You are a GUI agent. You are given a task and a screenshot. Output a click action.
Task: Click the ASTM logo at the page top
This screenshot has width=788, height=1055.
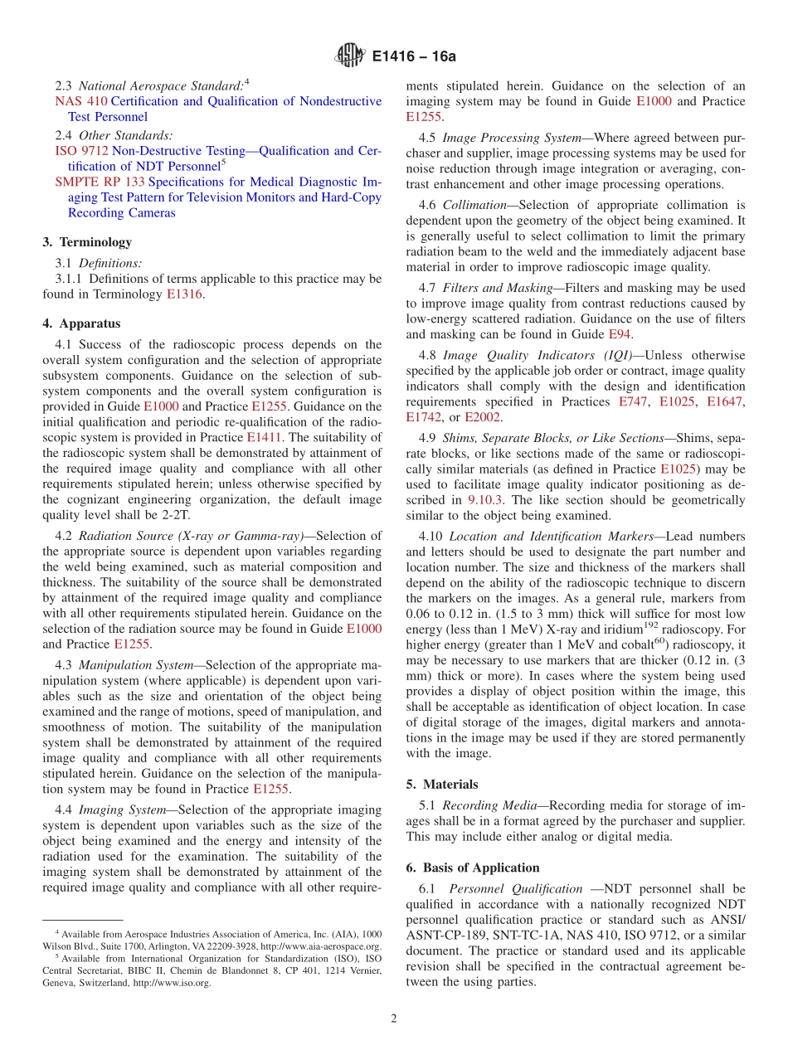tap(349, 56)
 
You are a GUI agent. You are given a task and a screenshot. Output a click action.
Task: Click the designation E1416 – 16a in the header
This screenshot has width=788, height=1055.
tap(414, 57)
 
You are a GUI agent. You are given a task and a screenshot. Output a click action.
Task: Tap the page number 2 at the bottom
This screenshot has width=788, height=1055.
tap(394, 1019)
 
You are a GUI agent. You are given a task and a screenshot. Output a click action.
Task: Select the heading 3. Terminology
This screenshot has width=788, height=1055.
tap(87, 242)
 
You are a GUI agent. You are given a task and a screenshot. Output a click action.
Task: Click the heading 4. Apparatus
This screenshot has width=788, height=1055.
tap(81, 323)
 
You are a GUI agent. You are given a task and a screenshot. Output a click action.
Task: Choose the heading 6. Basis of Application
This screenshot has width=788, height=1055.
tap(473, 868)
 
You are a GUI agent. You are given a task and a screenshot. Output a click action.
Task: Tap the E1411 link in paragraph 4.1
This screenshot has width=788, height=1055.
tap(265, 437)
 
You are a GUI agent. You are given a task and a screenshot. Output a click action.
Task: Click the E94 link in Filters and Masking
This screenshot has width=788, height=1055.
tap(620, 334)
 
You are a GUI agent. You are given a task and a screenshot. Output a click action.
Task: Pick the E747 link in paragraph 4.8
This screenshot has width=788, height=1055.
tap(634, 401)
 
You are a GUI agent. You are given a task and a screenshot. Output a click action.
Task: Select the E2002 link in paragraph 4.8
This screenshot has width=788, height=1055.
tap(482, 417)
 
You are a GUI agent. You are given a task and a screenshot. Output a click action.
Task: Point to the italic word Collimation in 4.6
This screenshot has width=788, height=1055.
tap(474, 205)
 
